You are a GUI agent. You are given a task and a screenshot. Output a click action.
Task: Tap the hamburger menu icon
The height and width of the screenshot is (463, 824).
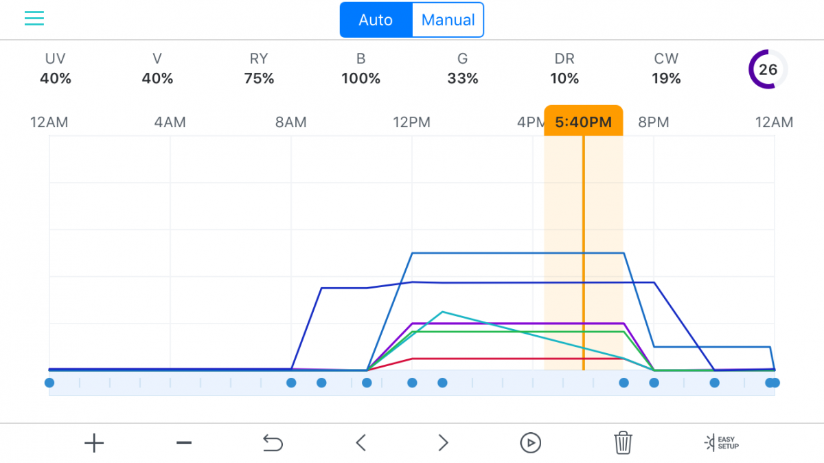click(34, 19)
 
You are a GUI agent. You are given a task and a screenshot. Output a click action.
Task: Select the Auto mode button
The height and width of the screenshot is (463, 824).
click(376, 20)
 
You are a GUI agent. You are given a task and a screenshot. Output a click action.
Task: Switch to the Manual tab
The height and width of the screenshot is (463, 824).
click(448, 20)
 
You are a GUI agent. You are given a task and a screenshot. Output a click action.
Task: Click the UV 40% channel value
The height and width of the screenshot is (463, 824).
click(56, 69)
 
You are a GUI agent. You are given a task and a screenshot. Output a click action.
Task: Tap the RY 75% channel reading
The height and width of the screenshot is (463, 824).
click(259, 69)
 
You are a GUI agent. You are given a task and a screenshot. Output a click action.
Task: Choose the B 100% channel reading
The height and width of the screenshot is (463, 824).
click(361, 69)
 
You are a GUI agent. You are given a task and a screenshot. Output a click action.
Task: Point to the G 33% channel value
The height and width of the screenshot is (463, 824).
click(463, 69)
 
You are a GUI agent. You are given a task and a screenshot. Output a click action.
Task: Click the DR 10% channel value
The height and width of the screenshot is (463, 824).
click(564, 69)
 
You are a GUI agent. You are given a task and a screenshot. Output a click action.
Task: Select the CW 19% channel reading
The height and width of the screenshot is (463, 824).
click(666, 69)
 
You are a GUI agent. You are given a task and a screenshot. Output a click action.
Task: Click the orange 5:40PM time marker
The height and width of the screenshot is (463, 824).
click(584, 122)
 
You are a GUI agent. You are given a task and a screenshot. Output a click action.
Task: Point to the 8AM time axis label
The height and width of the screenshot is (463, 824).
click(291, 122)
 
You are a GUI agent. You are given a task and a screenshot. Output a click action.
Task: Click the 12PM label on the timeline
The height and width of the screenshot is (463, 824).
click(411, 122)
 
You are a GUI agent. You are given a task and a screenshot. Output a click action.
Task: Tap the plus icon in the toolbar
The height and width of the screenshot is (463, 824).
click(94, 443)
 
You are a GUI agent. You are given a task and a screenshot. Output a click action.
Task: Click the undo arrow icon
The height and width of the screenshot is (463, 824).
click(273, 443)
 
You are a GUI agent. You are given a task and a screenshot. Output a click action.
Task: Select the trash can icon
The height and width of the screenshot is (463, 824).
click(623, 443)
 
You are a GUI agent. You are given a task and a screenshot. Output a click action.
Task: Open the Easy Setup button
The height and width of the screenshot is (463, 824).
click(722, 443)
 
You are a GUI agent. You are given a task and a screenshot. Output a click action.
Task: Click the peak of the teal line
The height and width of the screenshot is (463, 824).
click(442, 312)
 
